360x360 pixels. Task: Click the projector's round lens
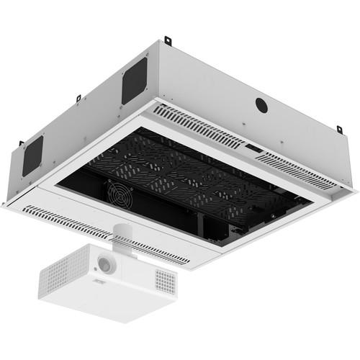click(x=106, y=264)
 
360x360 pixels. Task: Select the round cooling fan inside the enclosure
click(x=119, y=192)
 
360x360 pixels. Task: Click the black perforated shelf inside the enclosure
click(x=187, y=176)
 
